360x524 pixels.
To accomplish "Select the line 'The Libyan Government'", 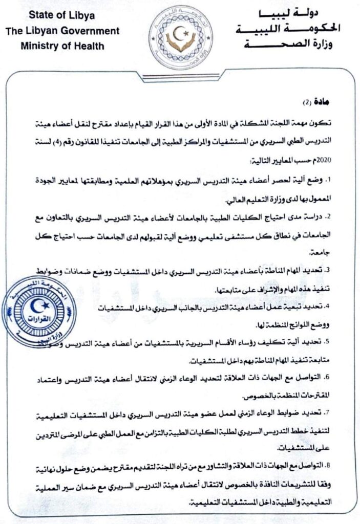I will pos(62,31).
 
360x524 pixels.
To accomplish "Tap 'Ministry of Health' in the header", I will pos(62,45).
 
